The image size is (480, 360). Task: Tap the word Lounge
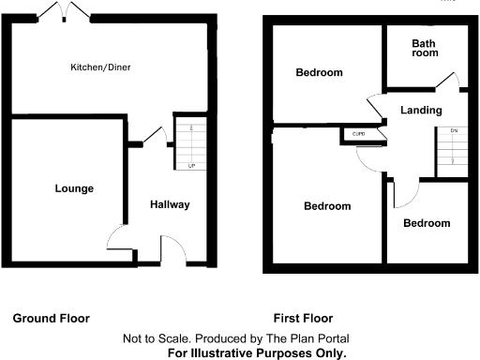pos(73,188)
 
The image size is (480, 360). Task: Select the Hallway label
pos(170,204)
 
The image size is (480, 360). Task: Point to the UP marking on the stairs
pos(192,166)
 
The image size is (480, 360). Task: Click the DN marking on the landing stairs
pos(454,130)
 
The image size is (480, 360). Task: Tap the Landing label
pos(420,111)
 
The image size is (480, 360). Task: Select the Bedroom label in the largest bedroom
pos(327,206)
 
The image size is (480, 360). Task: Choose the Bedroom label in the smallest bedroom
pos(427,223)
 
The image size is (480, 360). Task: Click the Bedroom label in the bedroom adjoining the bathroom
pos(320,73)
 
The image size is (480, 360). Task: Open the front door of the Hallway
pos(172,250)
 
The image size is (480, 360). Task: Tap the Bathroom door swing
pos(451,82)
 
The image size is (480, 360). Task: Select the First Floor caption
pos(303,318)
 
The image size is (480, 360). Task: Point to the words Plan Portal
pos(316,337)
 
